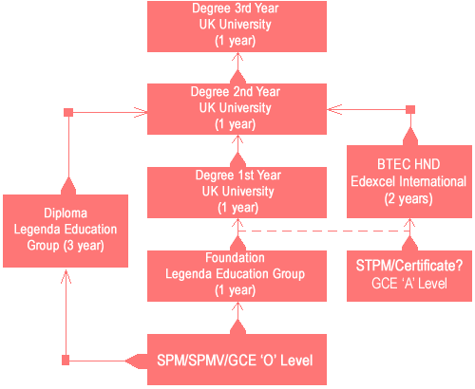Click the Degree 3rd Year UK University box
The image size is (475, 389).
(x=237, y=27)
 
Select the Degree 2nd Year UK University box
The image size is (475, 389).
(x=237, y=109)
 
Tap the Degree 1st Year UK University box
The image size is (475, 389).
(x=237, y=193)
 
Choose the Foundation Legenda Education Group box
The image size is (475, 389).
(x=237, y=276)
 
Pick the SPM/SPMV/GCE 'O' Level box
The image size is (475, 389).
(x=237, y=360)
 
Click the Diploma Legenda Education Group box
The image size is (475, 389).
(x=66, y=231)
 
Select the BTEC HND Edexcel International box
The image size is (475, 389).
(x=409, y=181)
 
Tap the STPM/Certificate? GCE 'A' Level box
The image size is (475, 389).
(x=409, y=276)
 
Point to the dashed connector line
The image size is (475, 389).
(x=324, y=232)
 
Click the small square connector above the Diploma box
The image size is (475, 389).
(x=68, y=112)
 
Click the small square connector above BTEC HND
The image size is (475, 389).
(x=410, y=109)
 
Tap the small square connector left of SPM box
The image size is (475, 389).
(x=66, y=361)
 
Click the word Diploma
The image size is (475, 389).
(x=66, y=213)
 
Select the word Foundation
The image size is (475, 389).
(x=235, y=258)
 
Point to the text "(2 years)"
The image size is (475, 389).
(x=408, y=199)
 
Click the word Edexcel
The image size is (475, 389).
(x=373, y=181)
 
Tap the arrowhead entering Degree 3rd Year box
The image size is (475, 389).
(x=237, y=57)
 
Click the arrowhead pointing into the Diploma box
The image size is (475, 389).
(x=66, y=276)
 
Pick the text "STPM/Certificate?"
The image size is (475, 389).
(x=409, y=266)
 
